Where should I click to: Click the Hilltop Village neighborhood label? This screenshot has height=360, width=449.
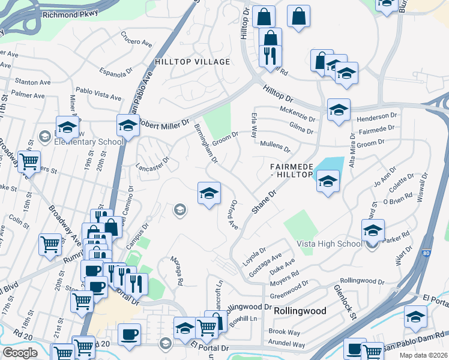pos(192,62)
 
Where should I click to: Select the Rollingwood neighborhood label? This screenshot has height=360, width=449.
pos(300,311)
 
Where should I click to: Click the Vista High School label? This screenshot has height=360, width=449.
pos(330,244)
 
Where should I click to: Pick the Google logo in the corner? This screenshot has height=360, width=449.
pos(20,353)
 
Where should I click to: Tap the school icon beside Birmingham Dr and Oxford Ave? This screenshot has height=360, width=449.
pos(208,193)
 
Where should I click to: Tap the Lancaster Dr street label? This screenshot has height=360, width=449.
pos(153,164)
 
